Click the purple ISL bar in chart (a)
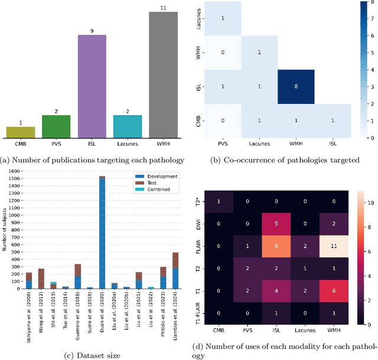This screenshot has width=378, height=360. click(92, 85)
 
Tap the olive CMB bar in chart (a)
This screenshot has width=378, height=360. click(21, 130)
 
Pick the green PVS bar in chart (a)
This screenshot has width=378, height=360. click(56, 125)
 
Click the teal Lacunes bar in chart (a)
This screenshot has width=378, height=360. click(128, 125)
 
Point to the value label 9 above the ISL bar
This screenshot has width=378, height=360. click(92, 31)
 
